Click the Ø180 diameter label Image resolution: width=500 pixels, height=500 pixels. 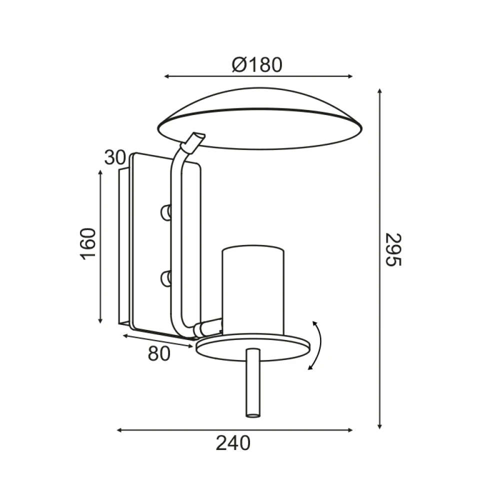pyautogui.click(x=257, y=65)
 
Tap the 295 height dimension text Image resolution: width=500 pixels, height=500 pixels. pyautogui.click(x=393, y=249)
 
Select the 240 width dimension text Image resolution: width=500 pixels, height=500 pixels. pyautogui.click(x=233, y=443)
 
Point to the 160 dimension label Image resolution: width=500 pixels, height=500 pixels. pyautogui.click(x=87, y=244)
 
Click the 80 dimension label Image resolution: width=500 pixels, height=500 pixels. pyautogui.click(x=159, y=353)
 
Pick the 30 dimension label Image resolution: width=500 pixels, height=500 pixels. pyautogui.click(x=115, y=157)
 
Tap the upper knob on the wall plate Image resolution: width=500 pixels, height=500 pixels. pyautogui.click(x=165, y=212)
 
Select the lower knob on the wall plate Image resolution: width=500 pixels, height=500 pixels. pyautogui.click(x=165, y=278)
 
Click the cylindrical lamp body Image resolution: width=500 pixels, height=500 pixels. pyautogui.click(x=253, y=290)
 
